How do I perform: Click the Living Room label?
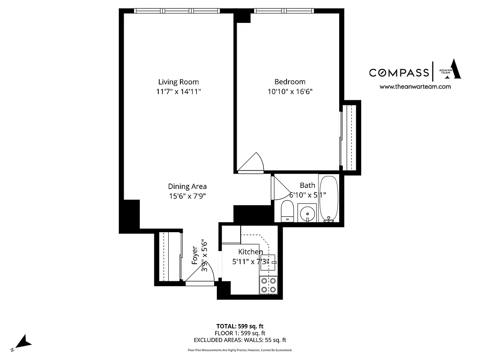tap(178, 82)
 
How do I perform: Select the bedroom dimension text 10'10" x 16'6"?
tap(290, 91)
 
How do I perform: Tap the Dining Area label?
tap(187, 186)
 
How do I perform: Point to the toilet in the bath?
tap(287, 211)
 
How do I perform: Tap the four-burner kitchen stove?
tap(269, 285)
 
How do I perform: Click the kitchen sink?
tap(269, 262)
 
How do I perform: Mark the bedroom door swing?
tap(250, 164)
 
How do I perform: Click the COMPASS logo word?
tap(399, 72)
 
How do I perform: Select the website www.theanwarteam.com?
tap(415, 87)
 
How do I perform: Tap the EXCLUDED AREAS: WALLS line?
tap(240, 340)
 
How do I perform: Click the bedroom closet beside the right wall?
tap(350, 136)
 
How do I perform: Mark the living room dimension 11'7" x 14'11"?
tap(178, 91)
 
